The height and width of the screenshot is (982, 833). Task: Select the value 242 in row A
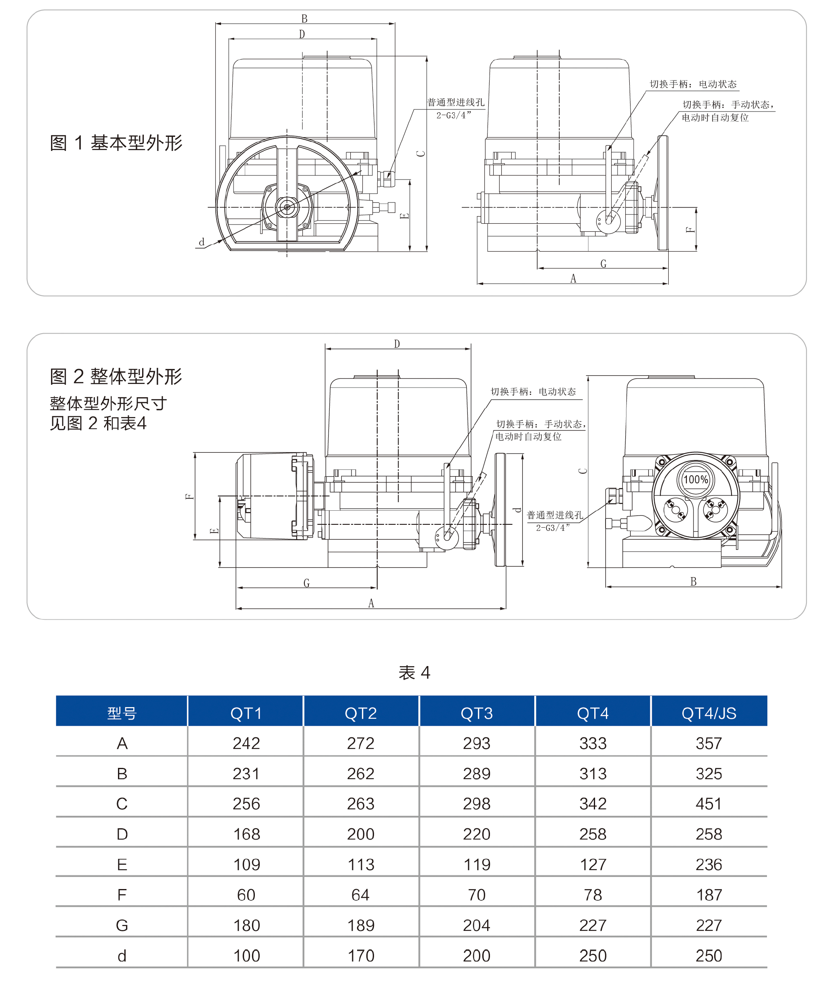pos(246,743)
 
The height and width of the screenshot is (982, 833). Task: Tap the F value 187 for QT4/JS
pos(709,895)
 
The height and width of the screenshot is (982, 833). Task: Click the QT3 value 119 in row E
pos(476,864)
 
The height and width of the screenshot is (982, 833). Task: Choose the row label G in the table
pos(122,925)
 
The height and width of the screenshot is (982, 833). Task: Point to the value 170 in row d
pos(361,955)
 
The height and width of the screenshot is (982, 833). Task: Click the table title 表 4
pos(414,672)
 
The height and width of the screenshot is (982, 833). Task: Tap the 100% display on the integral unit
pos(696,480)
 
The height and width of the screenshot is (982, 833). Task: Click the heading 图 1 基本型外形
pos(116,142)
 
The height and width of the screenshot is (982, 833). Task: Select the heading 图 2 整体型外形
pos(116,376)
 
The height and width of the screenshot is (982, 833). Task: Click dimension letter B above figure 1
pos(305,19)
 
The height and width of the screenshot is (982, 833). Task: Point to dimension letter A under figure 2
pos(371,603)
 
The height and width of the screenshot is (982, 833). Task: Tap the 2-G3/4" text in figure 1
pos(453,115)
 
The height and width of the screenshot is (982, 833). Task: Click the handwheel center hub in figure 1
pos(287,207)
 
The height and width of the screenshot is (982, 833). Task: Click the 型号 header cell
pos(122,713)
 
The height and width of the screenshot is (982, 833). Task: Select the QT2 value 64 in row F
pos(361,895)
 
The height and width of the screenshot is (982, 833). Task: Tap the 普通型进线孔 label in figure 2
pos(555,515)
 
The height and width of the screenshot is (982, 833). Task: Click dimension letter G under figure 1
pos(603,264)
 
